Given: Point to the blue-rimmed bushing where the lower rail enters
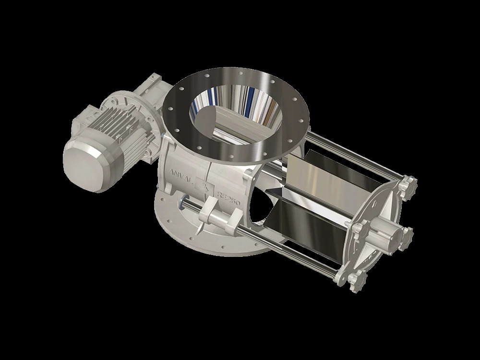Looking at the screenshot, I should (184, 202).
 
